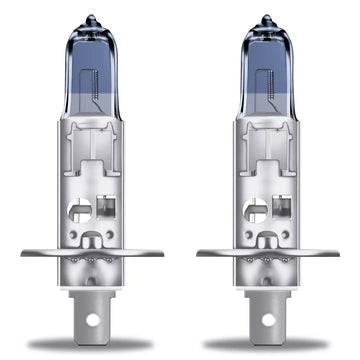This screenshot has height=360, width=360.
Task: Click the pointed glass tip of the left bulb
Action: click(x=93, y=18)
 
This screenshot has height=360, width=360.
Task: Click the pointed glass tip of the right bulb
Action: click(x=266, y=18)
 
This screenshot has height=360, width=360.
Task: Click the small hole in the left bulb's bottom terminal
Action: click(x=94, y=323)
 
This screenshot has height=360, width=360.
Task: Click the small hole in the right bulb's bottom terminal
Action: click(x=267, y=323)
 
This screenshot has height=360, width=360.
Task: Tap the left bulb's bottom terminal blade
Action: click(x=94, y=310)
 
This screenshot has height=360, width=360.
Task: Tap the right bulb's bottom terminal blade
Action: click(x=267, y=310)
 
